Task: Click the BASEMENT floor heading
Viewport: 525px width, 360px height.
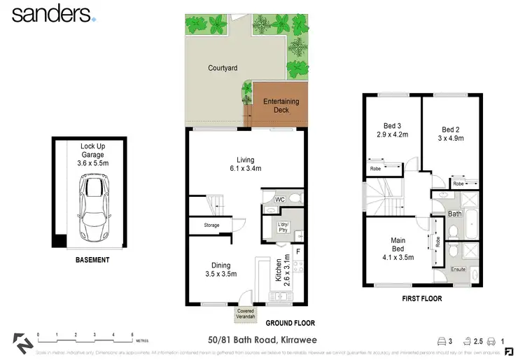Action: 92,260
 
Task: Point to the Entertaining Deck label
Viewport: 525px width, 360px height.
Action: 281,106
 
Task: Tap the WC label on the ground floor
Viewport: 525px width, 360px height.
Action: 278,200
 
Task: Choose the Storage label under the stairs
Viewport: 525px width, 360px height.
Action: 211,226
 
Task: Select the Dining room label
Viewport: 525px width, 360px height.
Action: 221,269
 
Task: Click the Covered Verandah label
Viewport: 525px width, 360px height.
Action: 246,313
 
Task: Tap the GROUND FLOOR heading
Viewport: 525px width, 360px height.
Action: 289,324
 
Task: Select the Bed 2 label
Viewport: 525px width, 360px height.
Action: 450,133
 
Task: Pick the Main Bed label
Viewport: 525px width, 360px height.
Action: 398,248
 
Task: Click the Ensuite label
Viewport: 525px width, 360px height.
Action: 457,268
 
